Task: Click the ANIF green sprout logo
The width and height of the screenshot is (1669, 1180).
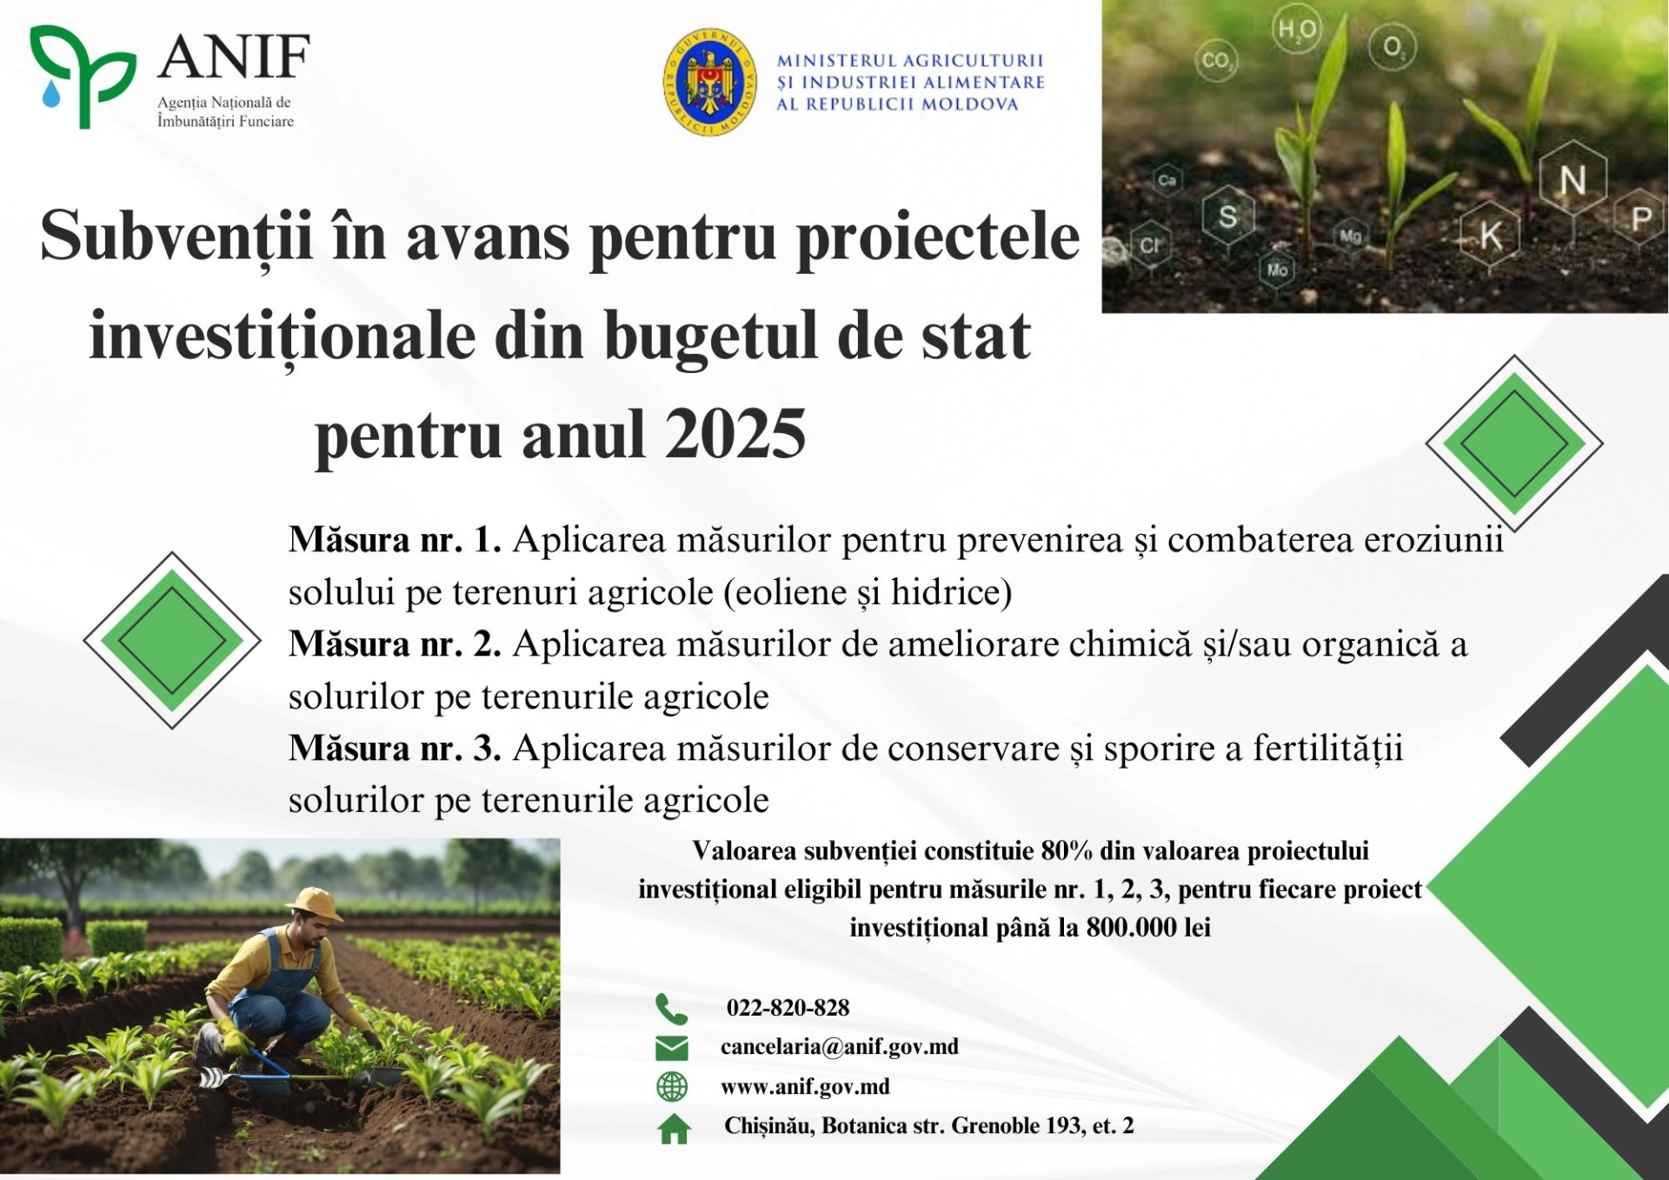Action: pos(82,77)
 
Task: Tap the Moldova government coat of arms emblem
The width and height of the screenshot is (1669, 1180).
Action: pos(709,82)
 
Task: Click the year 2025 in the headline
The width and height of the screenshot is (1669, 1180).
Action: pos(736,435)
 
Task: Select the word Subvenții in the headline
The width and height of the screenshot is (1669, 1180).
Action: pos(176,237)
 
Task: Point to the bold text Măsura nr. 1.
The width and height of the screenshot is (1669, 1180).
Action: pos(395,541)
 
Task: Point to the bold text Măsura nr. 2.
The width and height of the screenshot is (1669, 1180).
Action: pos(395,645)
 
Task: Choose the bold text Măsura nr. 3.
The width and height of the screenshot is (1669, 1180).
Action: pos(395,749)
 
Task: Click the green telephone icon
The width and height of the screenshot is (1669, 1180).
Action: pos(671,1009)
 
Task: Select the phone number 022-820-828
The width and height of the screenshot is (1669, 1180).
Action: pos(788,1008)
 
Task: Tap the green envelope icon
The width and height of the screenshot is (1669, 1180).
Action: pos(671,1048)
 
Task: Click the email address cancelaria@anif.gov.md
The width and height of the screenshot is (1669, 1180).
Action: pos(839,1047)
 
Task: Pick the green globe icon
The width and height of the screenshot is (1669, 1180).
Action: pos(671,1087)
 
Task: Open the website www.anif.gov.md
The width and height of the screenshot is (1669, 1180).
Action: pos(805,1087)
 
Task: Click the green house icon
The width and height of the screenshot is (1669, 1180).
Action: pos(674,1129)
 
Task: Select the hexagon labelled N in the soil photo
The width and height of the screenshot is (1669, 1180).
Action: pos(1572,181)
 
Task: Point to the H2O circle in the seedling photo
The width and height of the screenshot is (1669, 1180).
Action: pos(1296,30)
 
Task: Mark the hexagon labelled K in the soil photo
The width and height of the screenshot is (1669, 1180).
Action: pos(1490,234)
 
